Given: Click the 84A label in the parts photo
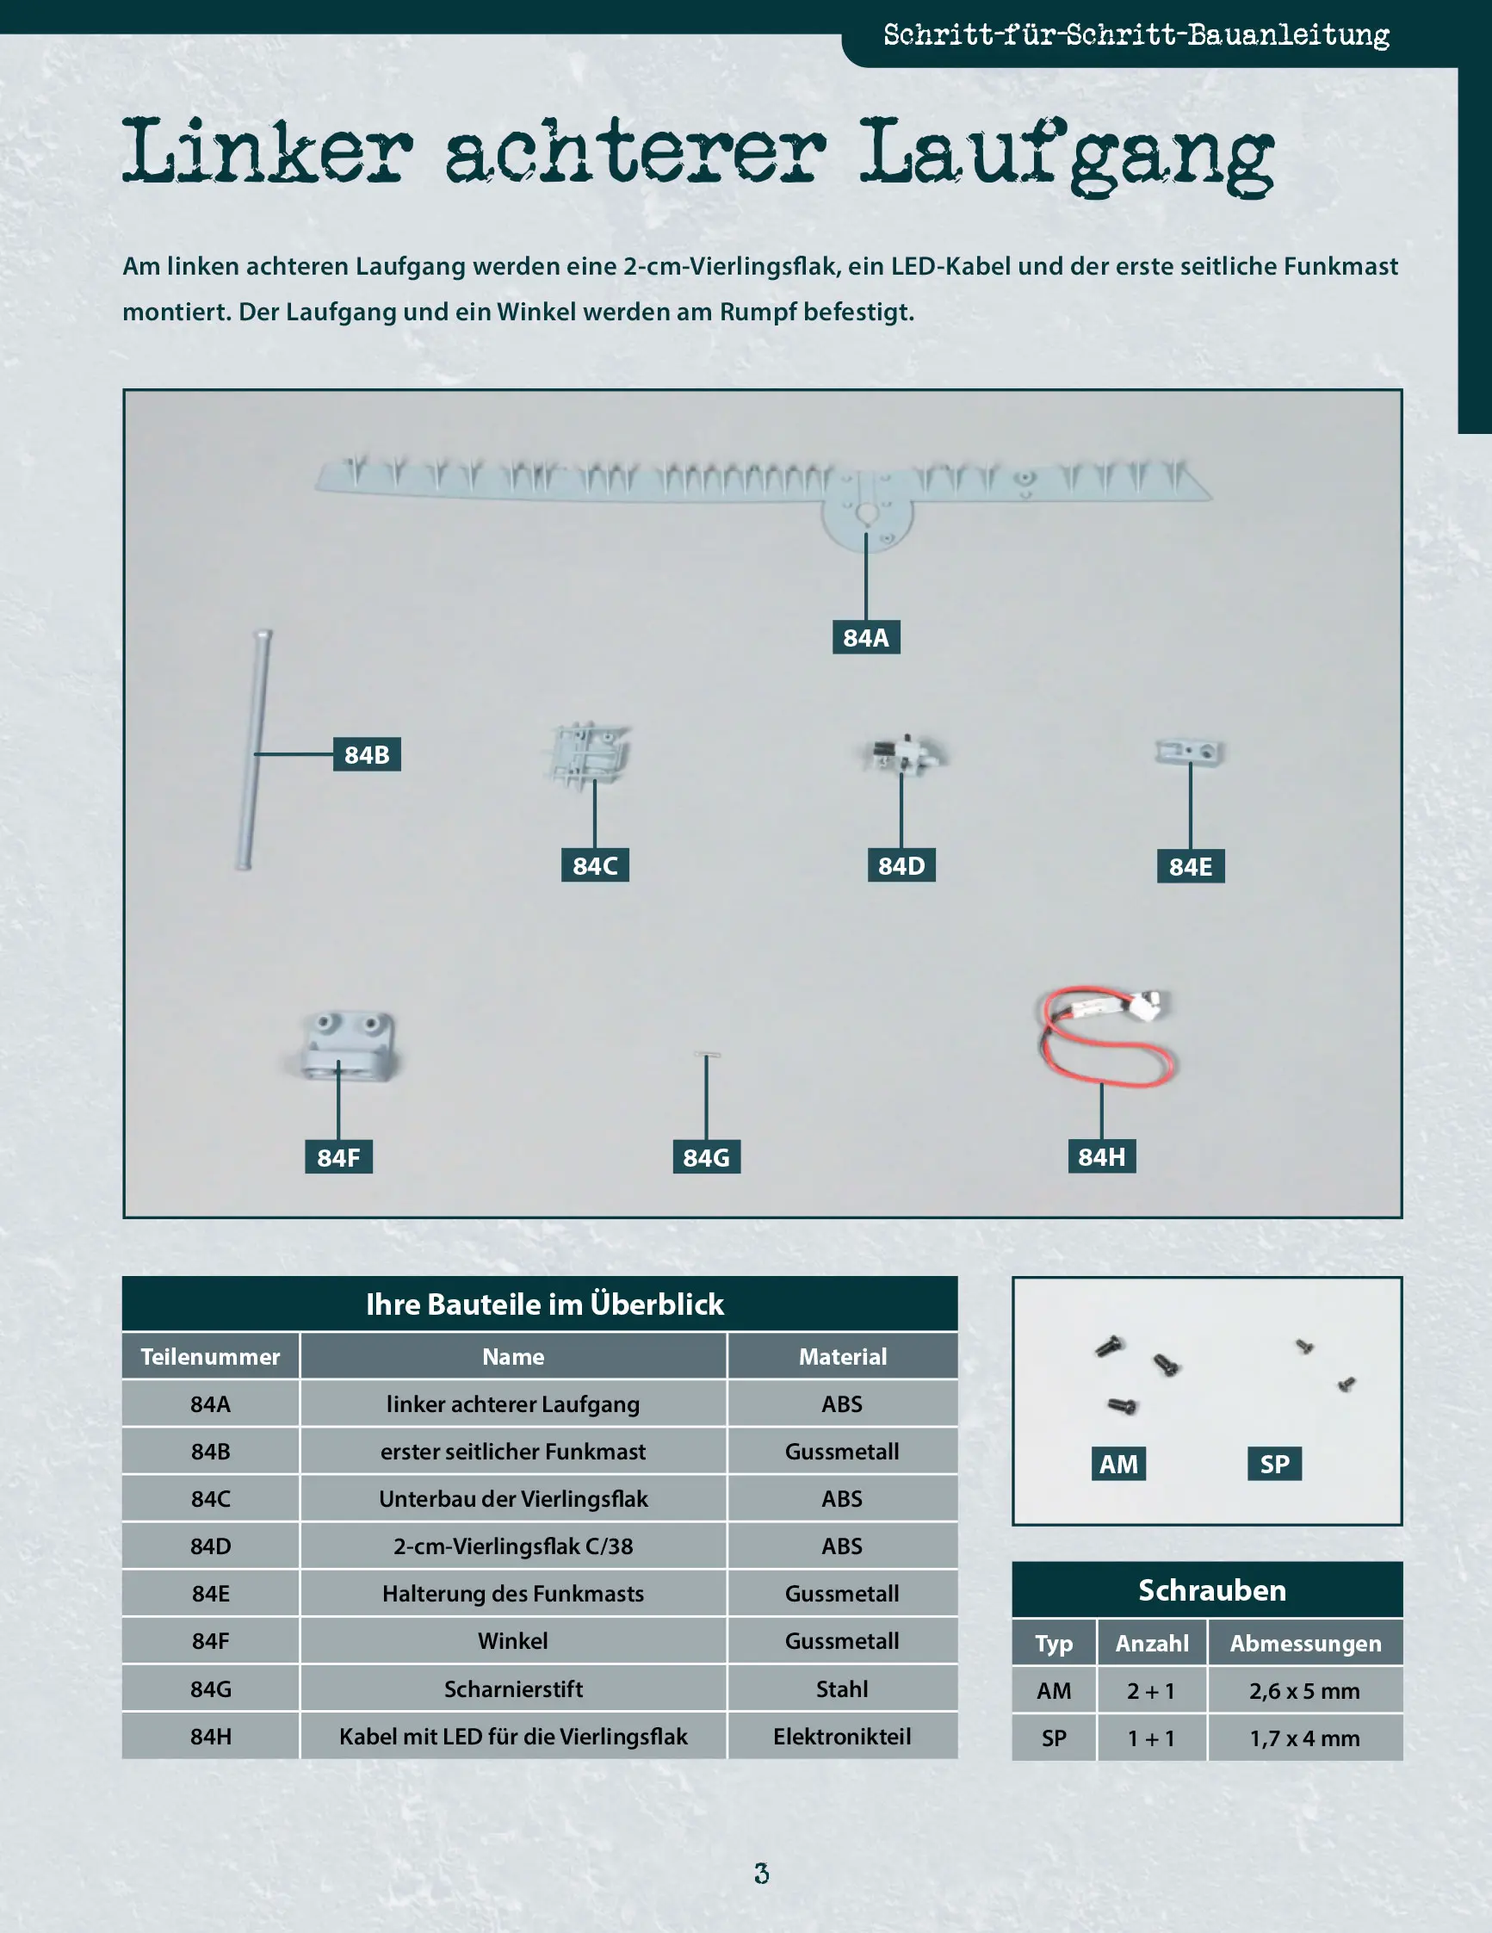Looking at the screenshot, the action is click(865, 637).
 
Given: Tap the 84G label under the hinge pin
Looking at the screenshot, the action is click(706, 1157).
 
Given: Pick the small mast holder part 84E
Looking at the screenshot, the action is click(1190, 753).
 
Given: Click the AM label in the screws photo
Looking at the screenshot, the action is click(1118, 1464).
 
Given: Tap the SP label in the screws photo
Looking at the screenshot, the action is click(1274, 1464).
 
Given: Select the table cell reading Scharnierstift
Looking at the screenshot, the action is click(513, 1688).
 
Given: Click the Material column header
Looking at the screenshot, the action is click(843, 1357).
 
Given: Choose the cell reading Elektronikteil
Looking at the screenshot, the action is click(843, 1737).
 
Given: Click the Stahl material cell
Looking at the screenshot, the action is click(843, 1688).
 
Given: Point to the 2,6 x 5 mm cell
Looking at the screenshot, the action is click(1305, 1690).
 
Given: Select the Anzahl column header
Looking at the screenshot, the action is click(1152, 1644).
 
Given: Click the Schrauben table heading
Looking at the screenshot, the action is click(1211, 1590).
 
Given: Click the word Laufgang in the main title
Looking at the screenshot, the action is click(1067, 154).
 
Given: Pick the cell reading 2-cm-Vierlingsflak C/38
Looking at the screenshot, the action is click(513, 1546).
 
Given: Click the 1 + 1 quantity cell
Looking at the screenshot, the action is click(1152, 1738).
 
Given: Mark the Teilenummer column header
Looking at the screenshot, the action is click(211, 1357).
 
